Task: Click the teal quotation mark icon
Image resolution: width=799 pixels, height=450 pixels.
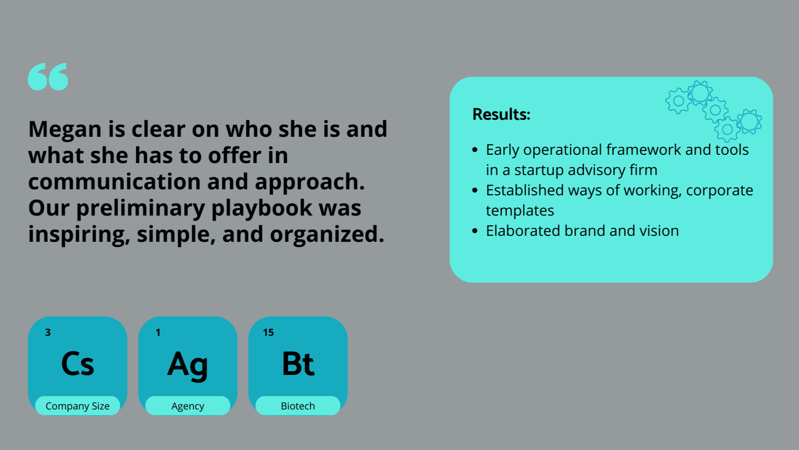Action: (x=48, y=76)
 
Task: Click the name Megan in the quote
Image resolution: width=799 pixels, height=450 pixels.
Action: (x=64, y=129)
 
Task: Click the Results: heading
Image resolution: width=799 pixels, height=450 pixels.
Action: (x=501, y=114)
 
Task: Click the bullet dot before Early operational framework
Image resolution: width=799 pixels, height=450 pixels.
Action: (x=475, y=150)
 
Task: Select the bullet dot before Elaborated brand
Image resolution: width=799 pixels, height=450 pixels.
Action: (x=475, y=231)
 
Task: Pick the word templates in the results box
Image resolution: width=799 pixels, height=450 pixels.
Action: (x=520, y=211)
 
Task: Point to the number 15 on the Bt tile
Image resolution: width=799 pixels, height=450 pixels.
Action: (x=268, y=333)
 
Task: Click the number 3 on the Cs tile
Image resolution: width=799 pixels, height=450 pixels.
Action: (x=48, y=333)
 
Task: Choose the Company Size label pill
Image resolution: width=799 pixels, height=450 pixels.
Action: (x=78, y=406)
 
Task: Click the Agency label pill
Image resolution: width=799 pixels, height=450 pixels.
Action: (x=188, y=406)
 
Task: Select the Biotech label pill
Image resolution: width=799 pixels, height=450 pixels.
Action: (x=298, y=406)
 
